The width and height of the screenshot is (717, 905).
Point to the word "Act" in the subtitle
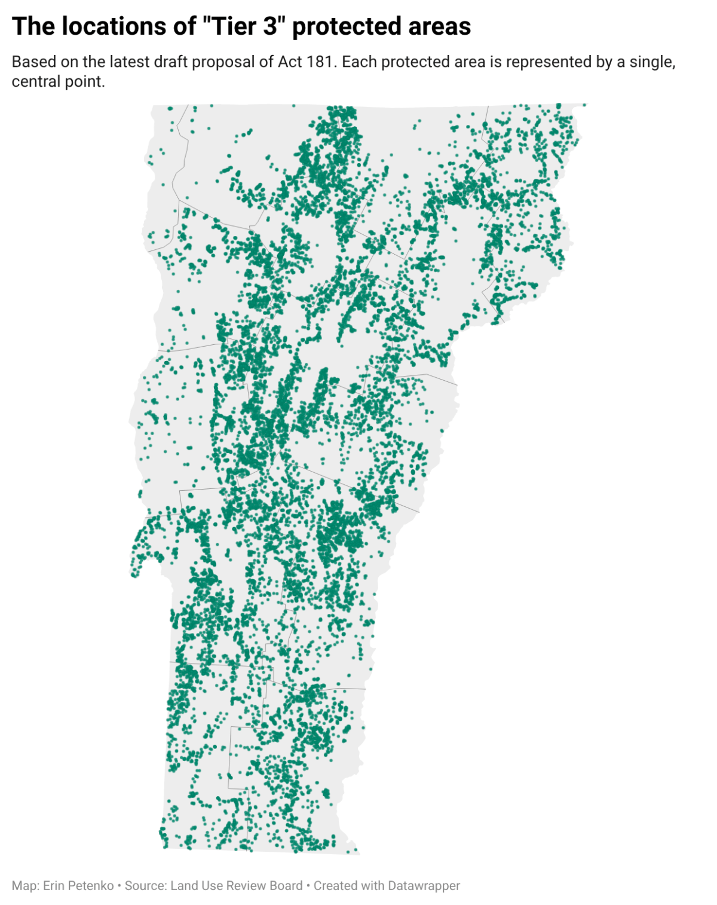pyautogui.click(x=290, y=62)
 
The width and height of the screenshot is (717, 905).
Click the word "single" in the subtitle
pyautogui.click(x=649, y=62)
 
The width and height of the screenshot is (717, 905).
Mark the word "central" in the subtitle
pyautogui.click(x=36, y=81)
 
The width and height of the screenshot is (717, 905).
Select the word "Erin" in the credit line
pyautogui.click(x=53, y=886)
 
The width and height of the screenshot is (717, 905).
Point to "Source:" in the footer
pyautogui.click(x=146, y=886)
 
